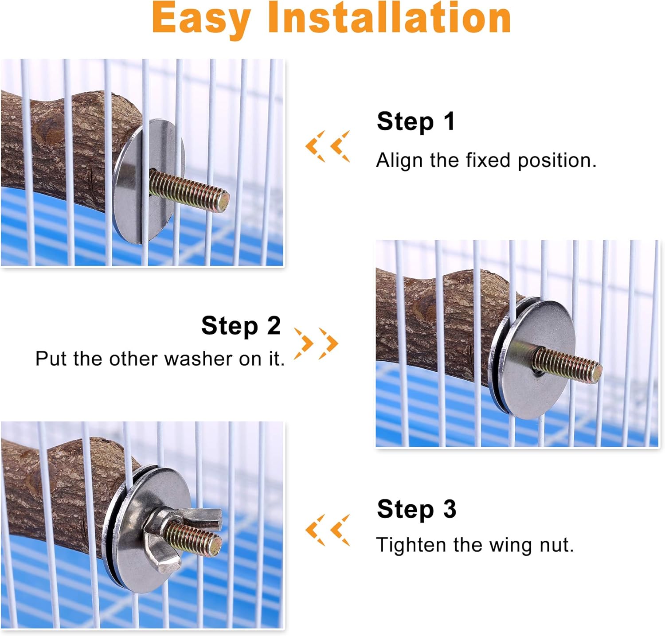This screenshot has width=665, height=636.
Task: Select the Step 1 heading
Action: point(416,121)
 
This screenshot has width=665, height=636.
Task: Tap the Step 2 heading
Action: point(241,326)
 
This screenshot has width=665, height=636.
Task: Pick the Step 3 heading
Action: point(416,509)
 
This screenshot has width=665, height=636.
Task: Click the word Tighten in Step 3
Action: point(411,545)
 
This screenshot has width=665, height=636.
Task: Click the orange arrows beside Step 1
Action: point(328,146)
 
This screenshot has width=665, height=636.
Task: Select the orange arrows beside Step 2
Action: point(317,343)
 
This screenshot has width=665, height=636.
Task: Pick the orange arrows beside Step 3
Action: point(328,530)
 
